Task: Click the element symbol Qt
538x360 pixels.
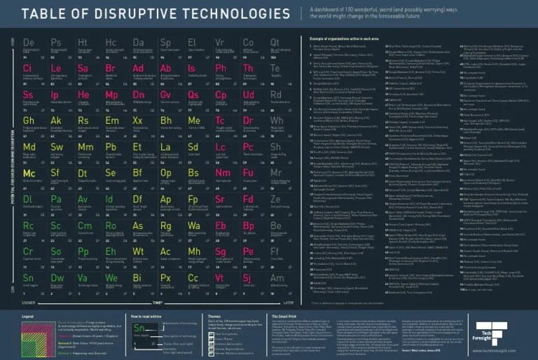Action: point(275,43)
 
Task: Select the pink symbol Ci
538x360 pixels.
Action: point(27,69)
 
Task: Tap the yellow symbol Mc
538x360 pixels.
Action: point(29,173)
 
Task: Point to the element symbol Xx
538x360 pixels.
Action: point(137,120)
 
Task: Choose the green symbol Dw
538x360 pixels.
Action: point(57,277)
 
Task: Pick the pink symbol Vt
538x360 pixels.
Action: point(219,277)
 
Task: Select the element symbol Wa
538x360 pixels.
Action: point(193,226)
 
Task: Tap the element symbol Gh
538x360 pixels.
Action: point(29,120)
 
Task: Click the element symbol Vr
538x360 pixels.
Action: point(220,43)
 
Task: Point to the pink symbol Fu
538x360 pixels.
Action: point(247,173)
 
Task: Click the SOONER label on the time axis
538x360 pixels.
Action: point(29,303)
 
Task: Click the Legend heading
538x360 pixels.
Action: point(29,317)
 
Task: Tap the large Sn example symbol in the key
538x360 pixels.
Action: point(140,329)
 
